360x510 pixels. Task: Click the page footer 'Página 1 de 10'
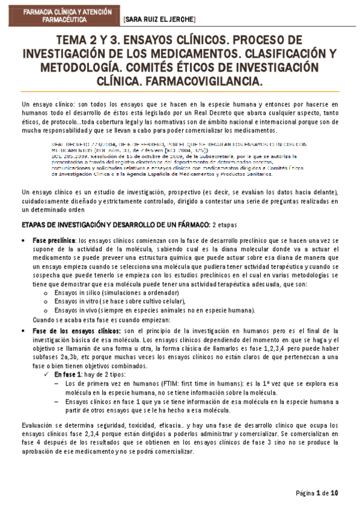[317, 493]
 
